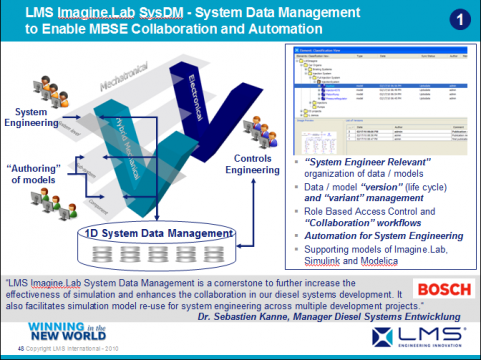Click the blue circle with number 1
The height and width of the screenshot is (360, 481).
pyautogui.click(x=456, y=19)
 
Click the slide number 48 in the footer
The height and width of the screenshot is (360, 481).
pyautogui.click(x=8, y=348)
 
